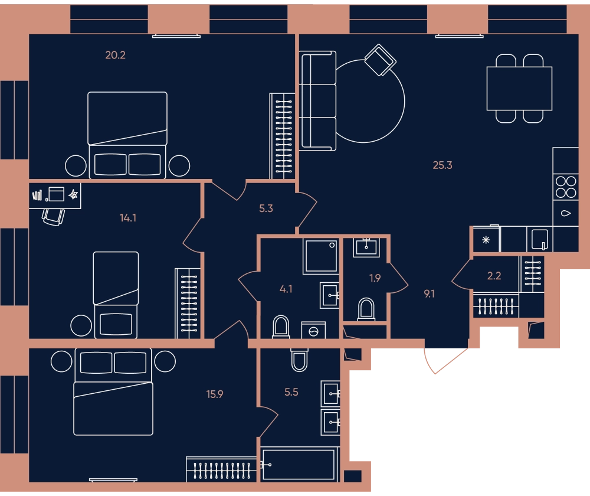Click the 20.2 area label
pyautogui.click(x=115, y=56)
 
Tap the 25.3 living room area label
pyautogui.click(x=442, y=165)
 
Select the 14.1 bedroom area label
pyautogui.click(x=128, y=218)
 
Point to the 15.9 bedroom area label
pyautogui.click(x=215, y=394)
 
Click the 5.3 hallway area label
pyautogui.click(x=265, y=208)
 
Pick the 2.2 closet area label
pyautogui.click(x=494, y=276)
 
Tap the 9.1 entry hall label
pyautogui.click(x=430, y=293)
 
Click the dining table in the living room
pyautogui.click(x=519, y=89)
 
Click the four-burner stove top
pyautogui.click(x=566, y=187)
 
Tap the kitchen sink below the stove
pyautogui.click(x=566, y=213)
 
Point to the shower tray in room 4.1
pyautogui.click(x=320, y=256)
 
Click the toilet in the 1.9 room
pyautogui.click(x=366, y=309)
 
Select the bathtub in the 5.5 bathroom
pyautogui.click(x=299, y=465)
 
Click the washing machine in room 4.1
pyautogui.click(x=313, y=330)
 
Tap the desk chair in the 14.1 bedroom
pyautogui.click(x=54, y=217)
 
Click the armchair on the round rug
pyautogui.click(x=380, y=60)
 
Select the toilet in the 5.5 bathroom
pyautogui.click(x=299, y=360)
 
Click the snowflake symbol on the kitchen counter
pyautogui.click(x=486, y=240)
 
